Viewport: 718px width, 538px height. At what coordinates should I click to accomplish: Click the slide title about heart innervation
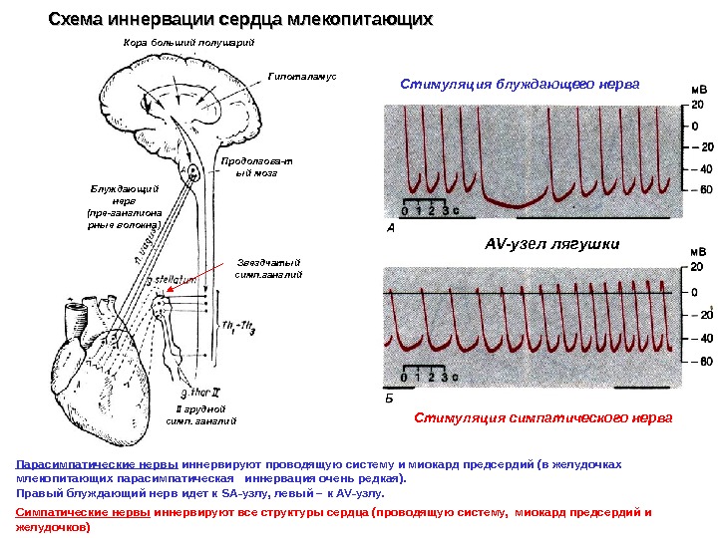click(x=241, y=19)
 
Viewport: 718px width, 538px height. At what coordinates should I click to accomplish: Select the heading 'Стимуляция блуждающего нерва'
click(x=518, y=84)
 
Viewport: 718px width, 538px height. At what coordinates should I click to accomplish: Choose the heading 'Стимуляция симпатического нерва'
click(x=542, y=417)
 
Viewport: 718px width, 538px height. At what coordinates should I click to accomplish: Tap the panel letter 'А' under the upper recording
click(x=390, y=228)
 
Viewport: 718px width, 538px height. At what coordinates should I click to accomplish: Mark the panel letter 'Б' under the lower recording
click(x=390, y=396)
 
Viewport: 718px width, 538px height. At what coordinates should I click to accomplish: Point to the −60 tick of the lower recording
click(x=698, y=361)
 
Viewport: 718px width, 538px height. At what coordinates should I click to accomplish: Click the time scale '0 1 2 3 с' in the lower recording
click(x=429, y=378)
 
